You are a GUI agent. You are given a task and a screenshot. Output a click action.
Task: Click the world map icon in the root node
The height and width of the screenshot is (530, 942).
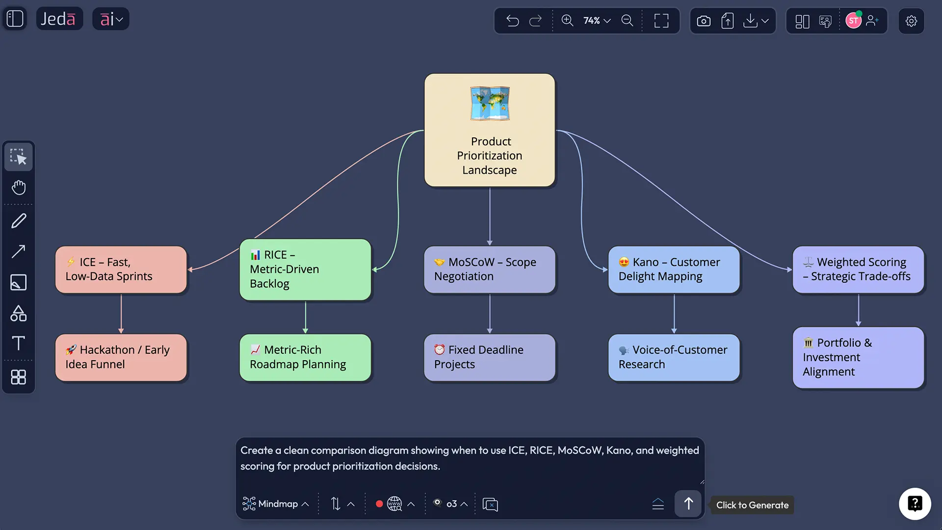click(490, 104)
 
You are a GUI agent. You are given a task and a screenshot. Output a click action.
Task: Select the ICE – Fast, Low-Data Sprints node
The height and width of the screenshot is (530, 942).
click(121, 269)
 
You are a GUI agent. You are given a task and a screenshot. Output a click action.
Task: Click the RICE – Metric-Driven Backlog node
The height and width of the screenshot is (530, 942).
click(305, 269)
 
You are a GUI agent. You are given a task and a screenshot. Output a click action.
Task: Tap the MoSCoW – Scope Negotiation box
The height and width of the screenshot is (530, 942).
click(489, 269)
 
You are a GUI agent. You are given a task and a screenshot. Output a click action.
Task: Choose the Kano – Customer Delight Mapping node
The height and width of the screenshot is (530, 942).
click(674, 269)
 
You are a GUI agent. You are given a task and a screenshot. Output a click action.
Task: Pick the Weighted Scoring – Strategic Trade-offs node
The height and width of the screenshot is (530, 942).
click(858, 269)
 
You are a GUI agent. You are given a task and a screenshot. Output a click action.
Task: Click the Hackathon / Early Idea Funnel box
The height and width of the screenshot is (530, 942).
click(121, 357)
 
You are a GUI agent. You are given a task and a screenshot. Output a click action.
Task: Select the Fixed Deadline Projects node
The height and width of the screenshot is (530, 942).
click(489, 357)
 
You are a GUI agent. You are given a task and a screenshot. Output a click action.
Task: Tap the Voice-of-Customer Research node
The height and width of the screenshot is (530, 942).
click(674, 357)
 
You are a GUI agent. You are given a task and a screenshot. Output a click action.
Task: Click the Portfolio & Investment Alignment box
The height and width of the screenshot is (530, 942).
click(858, 357)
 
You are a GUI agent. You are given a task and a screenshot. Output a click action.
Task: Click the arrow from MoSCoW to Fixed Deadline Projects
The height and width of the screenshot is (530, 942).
click(490, 314)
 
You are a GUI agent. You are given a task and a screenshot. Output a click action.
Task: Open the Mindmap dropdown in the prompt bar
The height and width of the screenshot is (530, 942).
click(276, 504)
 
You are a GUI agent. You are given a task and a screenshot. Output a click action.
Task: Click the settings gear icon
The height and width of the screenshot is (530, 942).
click(911, 21)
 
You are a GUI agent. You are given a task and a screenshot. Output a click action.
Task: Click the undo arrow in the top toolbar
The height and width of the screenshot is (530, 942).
click(512, 21)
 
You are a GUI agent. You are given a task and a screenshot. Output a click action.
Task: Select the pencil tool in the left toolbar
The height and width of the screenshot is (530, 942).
click(19, 221)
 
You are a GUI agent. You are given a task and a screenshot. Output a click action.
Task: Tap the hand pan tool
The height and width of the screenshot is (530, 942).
click(19, 187)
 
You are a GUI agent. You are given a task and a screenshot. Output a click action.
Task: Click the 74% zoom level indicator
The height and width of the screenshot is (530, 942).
click(596, 21)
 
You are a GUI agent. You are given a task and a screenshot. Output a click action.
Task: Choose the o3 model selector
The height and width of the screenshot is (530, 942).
click(450, 504)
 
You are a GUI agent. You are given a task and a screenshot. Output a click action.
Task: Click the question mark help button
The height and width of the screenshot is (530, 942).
click(915, 503)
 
